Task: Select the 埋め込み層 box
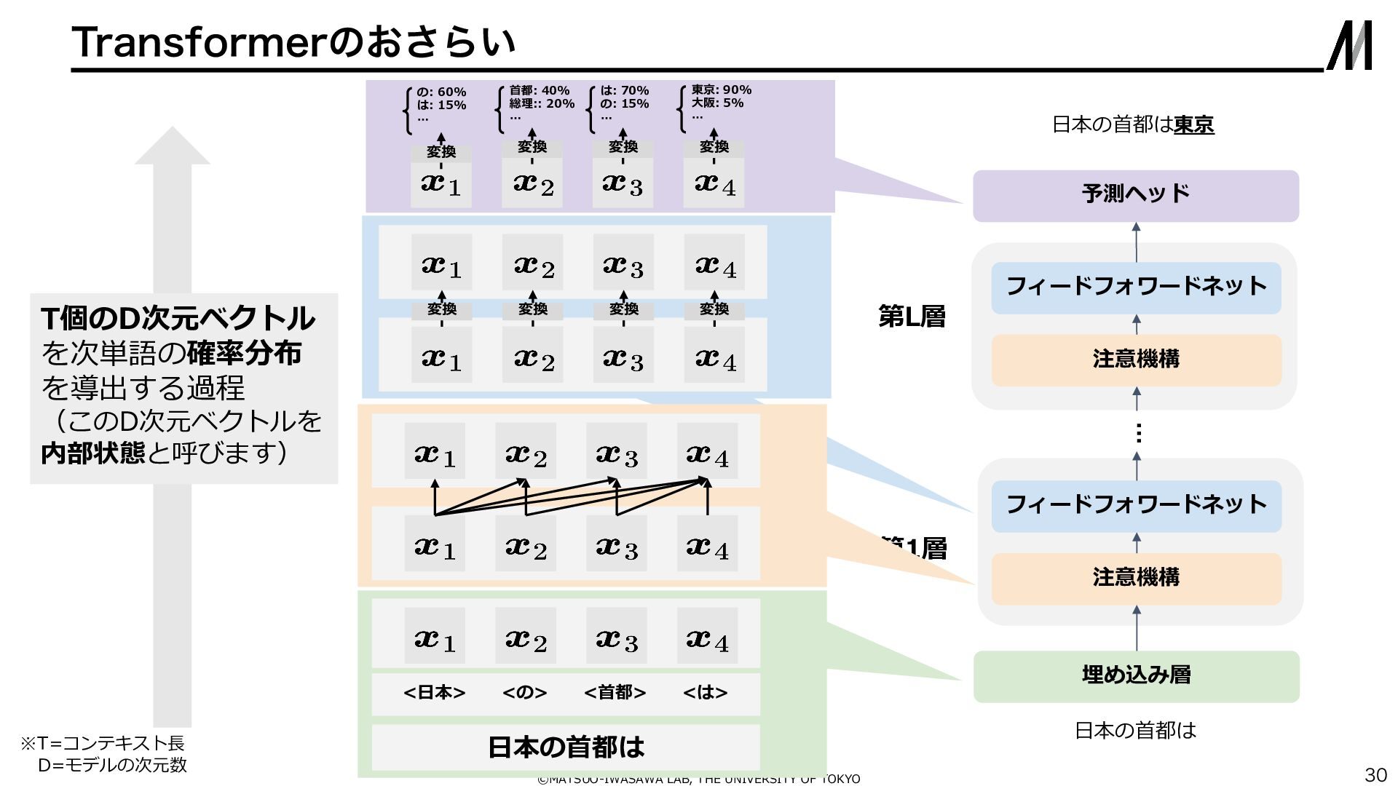1136,676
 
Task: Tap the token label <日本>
434,692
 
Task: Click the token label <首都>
615,692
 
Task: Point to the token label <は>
705,692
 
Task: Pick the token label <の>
524,692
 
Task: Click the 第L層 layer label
912,317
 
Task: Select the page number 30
1375,774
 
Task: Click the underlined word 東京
1194,125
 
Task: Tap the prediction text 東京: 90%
721,90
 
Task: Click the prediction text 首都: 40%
539,91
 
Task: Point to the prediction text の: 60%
441,92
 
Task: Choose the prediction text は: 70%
624,91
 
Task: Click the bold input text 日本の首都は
566,747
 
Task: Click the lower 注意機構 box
1136,578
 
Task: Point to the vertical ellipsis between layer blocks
1138,434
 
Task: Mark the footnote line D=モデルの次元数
112,765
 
